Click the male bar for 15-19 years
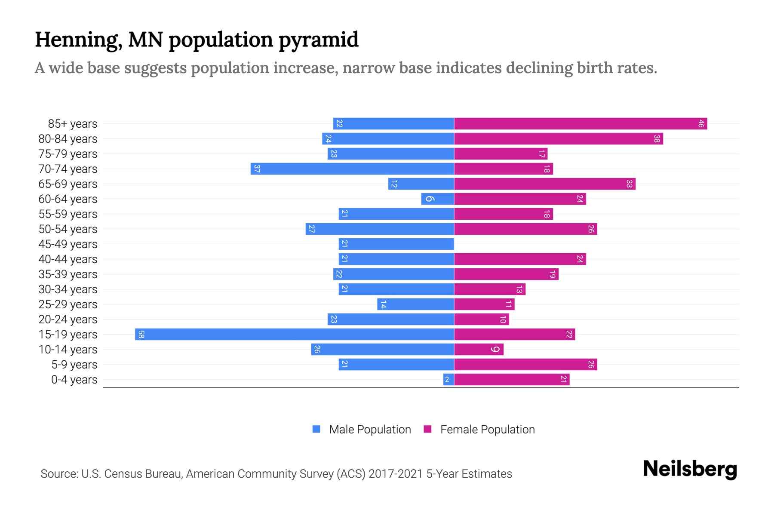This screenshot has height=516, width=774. pos(295,334)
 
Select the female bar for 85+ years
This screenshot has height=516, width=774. pos(580,124)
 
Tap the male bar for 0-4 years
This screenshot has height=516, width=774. pos(448,379)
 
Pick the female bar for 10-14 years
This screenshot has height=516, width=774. pos(479,349)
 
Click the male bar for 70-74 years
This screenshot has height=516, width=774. pos(353,169)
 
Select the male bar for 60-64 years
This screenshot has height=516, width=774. pos(438,199)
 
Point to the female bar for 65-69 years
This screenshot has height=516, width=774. pos(545,184)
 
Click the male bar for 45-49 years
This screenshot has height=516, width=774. pos(396,244)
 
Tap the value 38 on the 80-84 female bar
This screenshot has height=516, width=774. pos(657,139)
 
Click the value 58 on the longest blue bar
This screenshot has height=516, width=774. pos(141,335)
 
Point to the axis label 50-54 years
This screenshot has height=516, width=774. pos(68,229)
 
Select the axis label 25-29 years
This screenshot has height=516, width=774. pos(68,304)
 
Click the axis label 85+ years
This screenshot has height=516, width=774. pos(73,124)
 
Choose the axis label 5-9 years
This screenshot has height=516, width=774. pos(74,365)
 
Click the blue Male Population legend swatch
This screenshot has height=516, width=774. pos(316,429)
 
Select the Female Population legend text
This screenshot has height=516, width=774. pos(487,430)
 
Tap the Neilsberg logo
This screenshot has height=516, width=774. pos(690,469)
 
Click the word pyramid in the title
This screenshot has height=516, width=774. pos(318,40)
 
